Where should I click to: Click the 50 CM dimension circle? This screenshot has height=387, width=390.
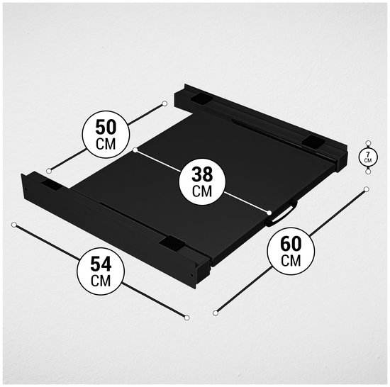106,134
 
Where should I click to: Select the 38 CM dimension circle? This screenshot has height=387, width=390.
202,181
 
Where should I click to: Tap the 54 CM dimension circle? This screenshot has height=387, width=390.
101,271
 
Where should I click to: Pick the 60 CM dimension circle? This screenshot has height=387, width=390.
291,251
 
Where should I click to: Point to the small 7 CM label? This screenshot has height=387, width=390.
368,157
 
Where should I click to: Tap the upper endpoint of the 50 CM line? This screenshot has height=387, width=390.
165,103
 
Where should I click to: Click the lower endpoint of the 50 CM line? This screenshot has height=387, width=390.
49,171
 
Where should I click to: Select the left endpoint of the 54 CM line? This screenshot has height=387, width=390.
14,225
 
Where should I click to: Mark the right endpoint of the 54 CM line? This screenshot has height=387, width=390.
187,318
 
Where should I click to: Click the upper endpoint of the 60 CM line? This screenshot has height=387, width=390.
366,189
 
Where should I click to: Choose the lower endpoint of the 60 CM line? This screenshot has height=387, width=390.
216,313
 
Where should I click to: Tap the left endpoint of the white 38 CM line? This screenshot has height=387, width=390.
135,150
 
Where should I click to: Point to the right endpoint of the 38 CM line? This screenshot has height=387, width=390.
269,213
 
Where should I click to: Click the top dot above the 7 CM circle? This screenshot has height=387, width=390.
368,143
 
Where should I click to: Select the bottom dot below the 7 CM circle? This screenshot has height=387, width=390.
368,172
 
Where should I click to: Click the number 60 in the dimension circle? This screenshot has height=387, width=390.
291,244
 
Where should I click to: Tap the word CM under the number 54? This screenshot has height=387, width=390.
101,281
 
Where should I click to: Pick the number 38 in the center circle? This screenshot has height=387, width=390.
202,174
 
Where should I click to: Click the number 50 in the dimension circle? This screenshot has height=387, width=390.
106,128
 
